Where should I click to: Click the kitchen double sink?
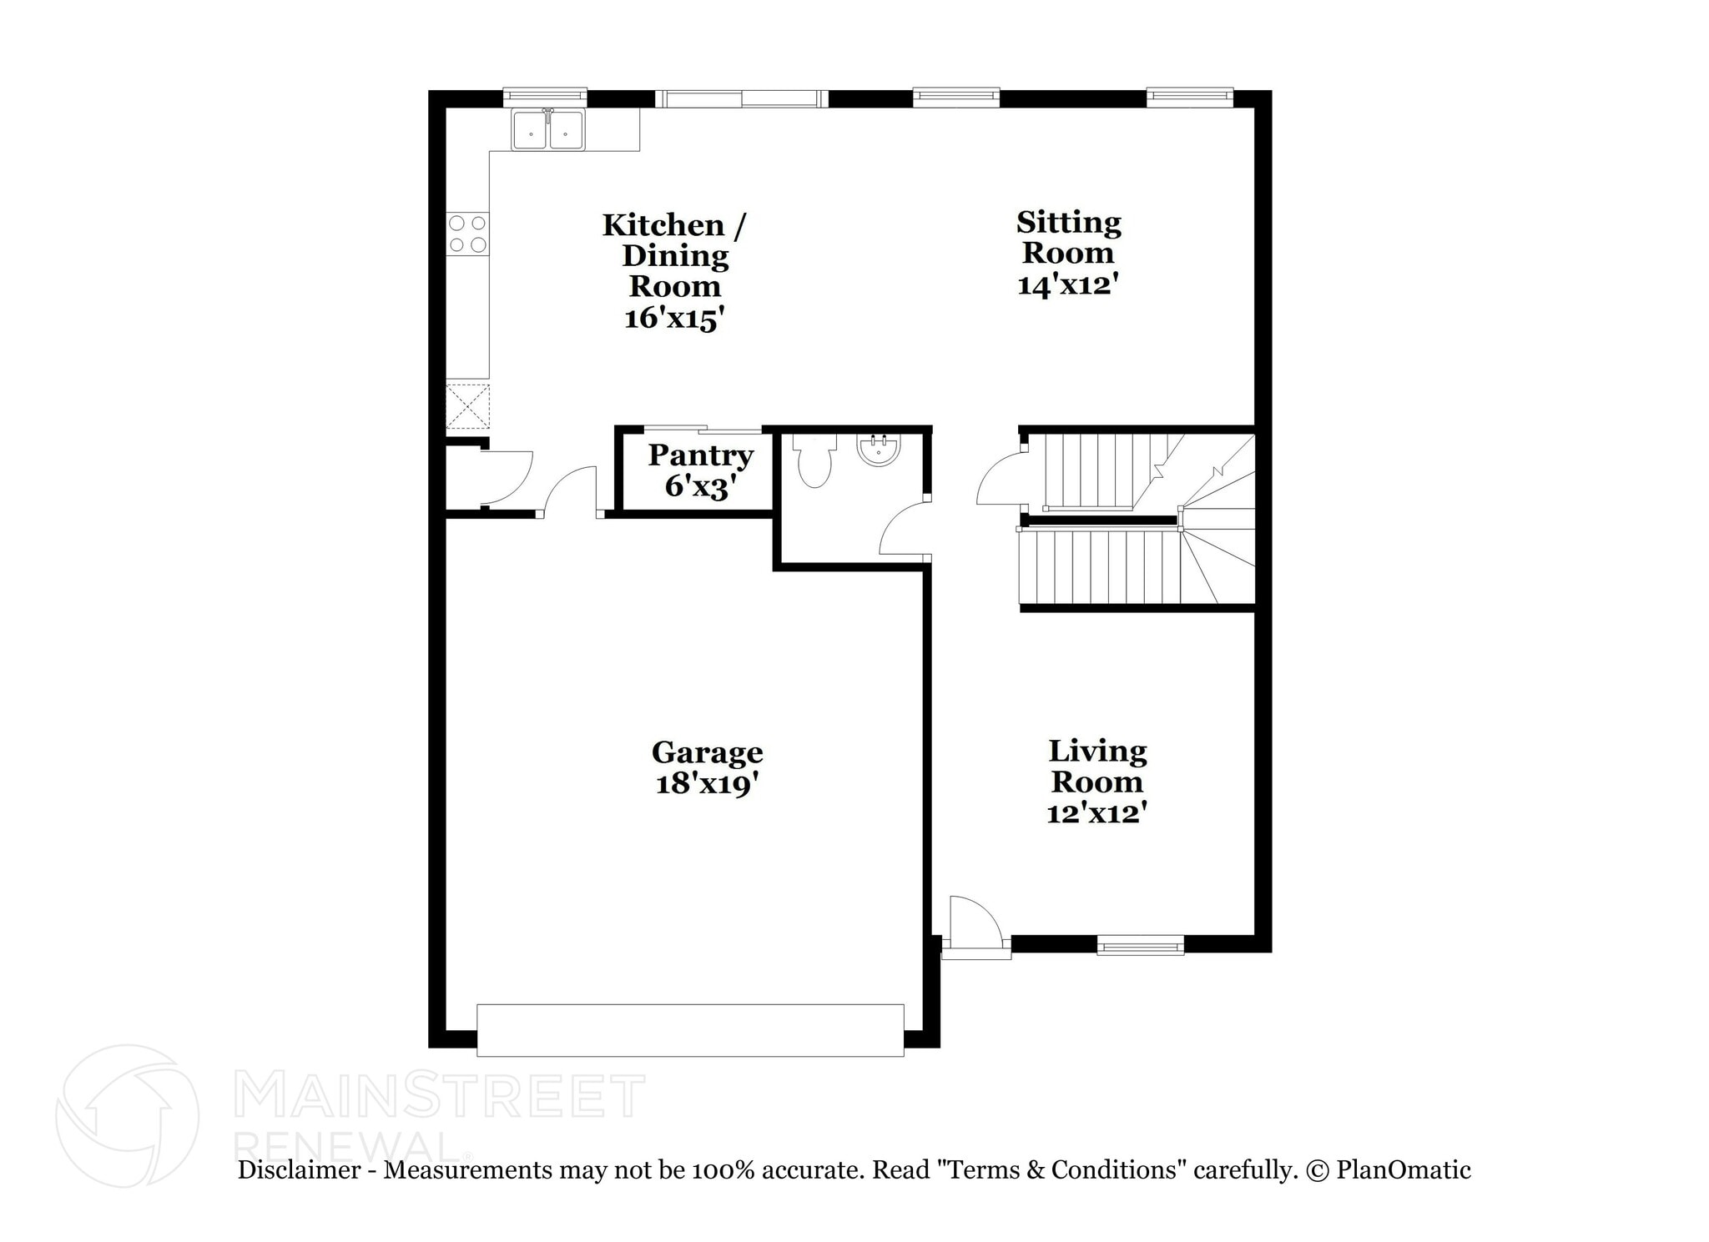548,130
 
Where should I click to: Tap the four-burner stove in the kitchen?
467,234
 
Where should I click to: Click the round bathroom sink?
879,450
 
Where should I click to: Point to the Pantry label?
700,455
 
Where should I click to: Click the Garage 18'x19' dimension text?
707,784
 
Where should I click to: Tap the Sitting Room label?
1068,237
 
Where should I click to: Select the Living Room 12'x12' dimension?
1096,812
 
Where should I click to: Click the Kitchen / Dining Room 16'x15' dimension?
673,319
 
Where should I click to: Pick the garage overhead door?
690,1030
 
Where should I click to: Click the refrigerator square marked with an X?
467,406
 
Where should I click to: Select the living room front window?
1140,945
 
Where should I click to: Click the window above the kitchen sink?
545,98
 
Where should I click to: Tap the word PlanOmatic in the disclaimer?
1403,1170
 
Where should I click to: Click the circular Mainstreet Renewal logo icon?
127,1115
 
